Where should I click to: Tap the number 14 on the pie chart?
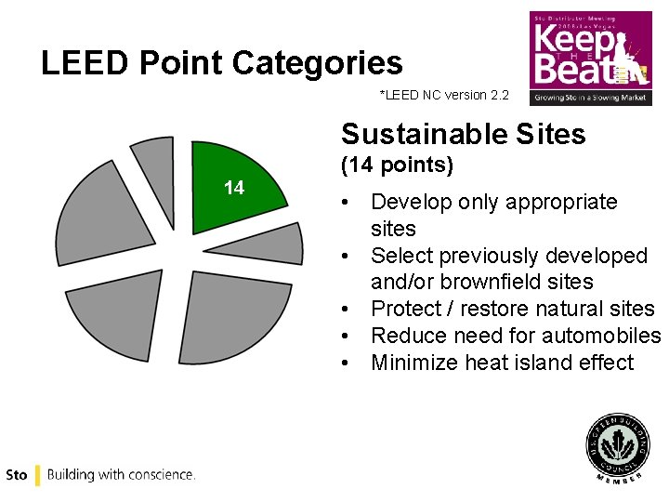point(234,188)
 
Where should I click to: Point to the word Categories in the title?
point(317,63)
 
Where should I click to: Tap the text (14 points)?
point(397,166)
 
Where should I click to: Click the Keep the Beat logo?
point(590,58)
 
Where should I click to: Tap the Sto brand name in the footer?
point(16,475)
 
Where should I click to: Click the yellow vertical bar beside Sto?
point(37,475)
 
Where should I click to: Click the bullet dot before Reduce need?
point(346,336)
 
